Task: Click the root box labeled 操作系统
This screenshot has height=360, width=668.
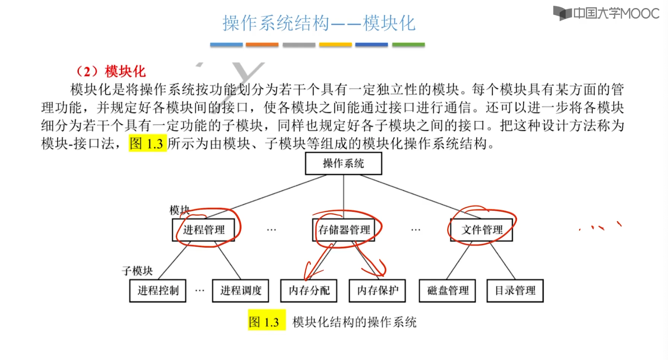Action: coord(343,163)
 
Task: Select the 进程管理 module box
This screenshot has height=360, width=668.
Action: coord(204,230)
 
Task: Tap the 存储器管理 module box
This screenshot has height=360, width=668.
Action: coord(344,230)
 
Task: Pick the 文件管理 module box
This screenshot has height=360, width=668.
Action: coord(482,230)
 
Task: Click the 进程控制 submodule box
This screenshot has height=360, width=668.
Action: coord(158,291)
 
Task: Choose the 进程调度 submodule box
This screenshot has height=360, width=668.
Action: coord(240,291)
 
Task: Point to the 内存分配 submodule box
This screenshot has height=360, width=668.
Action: coord(309,291)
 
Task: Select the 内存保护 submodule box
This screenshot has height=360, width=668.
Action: coord(377,291)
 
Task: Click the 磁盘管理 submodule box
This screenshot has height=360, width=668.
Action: coord(447,291)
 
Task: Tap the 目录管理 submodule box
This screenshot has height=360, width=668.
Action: coord(515,291)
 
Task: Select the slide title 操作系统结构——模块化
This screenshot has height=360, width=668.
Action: coord(319,23)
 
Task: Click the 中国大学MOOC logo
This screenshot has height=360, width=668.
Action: coord(606,13)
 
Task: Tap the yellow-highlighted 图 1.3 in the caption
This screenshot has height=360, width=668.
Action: coord(265,322)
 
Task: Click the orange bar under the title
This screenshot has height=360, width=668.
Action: coord(262,44)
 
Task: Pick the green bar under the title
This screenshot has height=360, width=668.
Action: coord(408,44)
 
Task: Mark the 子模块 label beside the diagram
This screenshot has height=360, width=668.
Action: coord(137,271)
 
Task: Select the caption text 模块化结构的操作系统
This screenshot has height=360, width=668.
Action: coord(354,322)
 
